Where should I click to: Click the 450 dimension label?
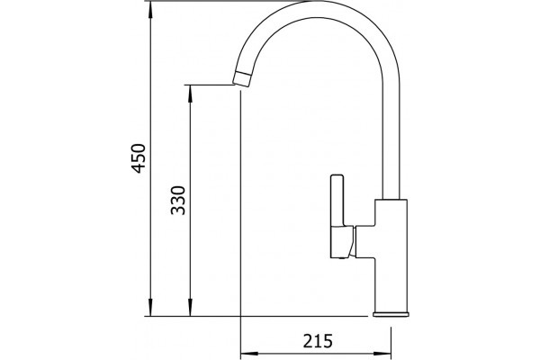pos(139,158)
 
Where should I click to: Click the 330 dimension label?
pos(178,201)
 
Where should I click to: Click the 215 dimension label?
pos(318,341)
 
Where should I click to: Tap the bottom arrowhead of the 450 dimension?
pos(150,307)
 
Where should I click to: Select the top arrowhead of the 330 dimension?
pos(190,94)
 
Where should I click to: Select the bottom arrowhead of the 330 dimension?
pos(190,307)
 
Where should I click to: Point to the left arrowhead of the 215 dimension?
pos(249,354)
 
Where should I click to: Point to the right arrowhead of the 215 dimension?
pos(382,354)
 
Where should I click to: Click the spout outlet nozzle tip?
pos(242,78)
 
